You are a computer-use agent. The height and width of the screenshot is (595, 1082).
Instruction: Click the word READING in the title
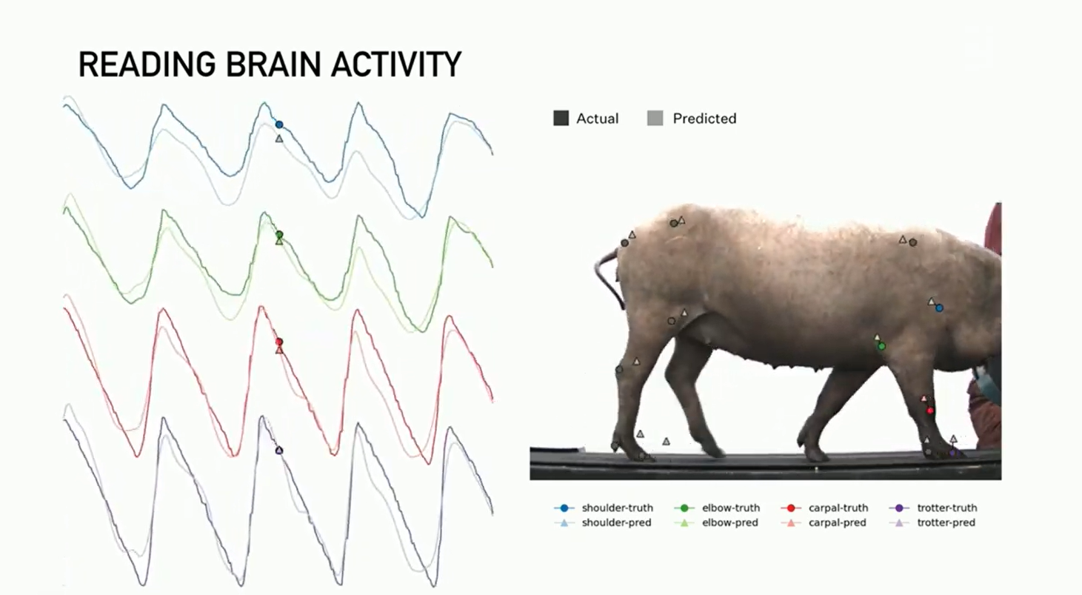pyautogui.click(x=147, y=64)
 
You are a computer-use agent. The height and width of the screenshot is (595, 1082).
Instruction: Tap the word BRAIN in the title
pyautogui.click(x=273, y=64)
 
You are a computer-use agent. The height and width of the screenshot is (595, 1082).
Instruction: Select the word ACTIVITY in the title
pyautogui.click(x=396, y=64)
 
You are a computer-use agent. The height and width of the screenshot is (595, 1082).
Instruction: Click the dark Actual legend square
pyautogui.click(x=561, y=119)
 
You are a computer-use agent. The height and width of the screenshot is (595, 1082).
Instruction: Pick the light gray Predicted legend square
pyautogui.click(x=655, y=119)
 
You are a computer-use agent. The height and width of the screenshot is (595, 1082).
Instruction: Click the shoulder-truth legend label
pyautogui.click(x=618, y=508)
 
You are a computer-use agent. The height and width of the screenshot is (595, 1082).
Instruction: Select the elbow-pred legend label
pyautogui.click(x=730, y=523)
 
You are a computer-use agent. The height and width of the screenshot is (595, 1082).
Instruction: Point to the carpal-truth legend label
pyautogui.click(x=838, y=508)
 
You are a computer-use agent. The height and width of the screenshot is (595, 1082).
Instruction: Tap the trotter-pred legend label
pyautogui.click(x=946, y=523)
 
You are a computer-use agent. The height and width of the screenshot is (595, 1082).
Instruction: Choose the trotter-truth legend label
pyautogui.click(x=946, y=508)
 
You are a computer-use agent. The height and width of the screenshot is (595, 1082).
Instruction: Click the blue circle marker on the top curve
pyautogui.click(x=279, y=124)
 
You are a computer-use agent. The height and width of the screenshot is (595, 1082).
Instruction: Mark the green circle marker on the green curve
pyautogui.click(x=279, y=235)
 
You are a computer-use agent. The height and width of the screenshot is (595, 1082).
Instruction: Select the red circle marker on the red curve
pyautogui.click(x=279, y=342)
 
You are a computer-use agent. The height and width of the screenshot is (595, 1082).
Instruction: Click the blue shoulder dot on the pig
pyautogui.click(x=939, y=308)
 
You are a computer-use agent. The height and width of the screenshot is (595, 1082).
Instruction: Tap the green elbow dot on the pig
pyautogui.click(x=881, y=346)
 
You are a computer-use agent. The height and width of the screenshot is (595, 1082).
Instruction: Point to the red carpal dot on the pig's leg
pyautogui.click(x=930, y=410)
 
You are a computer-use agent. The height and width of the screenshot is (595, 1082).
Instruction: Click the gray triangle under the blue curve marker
pyautogui.click(x=279, y=139)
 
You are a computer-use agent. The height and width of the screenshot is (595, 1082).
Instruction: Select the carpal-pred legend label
pyautogui.click(x=837, y=523)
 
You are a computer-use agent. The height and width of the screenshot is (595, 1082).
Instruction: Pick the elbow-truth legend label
pyautogui.click(x=731, y=508)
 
